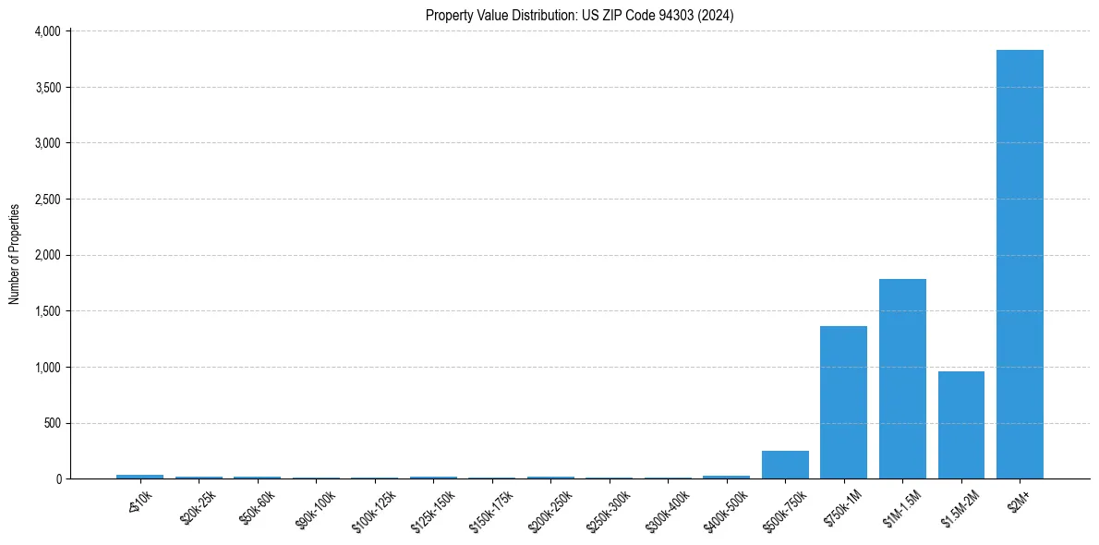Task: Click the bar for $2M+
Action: tap(1020, 264)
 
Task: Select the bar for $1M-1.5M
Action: tap(902, 379)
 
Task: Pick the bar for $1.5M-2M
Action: tap(960, 425)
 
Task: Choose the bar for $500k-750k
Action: tap(785, 465)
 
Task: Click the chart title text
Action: tap(580, 16)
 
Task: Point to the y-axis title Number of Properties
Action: tap(15, 254)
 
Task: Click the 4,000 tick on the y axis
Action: tap(47, 31)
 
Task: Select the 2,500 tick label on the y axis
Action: tap(47, 200)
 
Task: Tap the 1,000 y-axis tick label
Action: tap(47, 368)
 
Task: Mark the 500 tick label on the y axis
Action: tap(52, 423)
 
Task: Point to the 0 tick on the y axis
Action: tap(57, 479)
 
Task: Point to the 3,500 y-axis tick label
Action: tap(47, 88)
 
